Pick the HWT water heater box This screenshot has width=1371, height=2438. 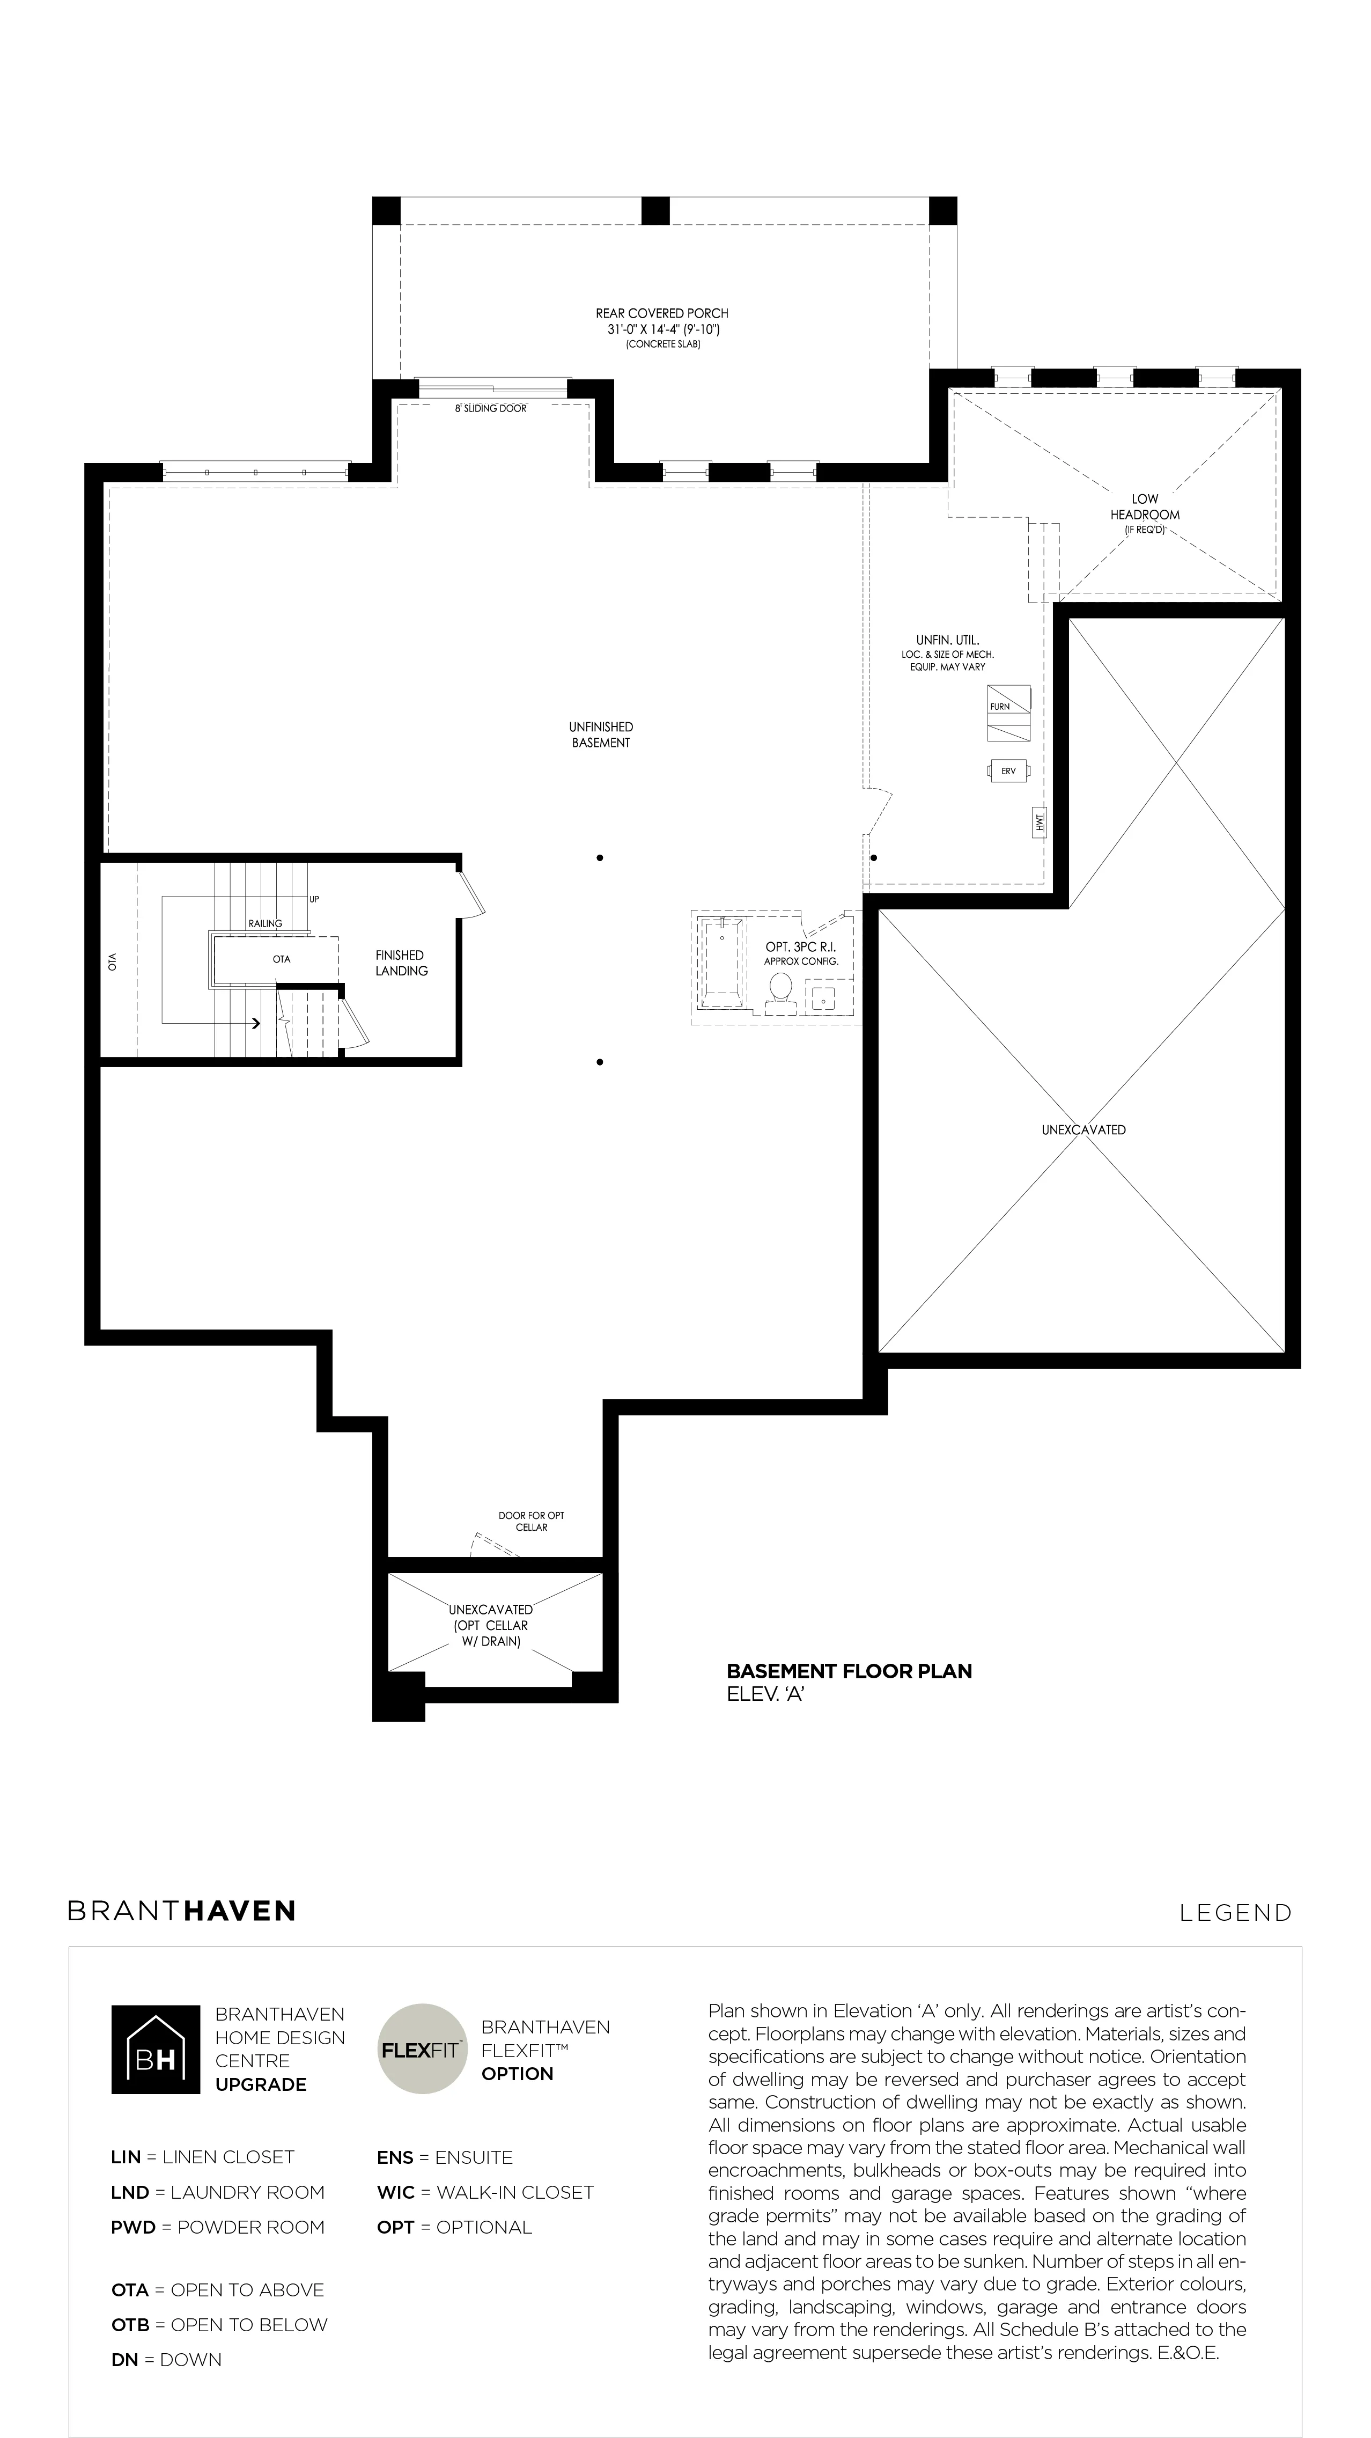coord(1040,823)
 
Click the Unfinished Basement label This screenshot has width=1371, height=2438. coord(601,735)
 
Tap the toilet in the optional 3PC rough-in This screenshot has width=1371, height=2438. coord(780,989)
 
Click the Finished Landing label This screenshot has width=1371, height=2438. coord(401,963)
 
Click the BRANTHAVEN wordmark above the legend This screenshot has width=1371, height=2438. coord(182,1911)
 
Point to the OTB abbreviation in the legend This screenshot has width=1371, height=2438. coord(130,2324)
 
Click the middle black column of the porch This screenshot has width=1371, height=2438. coord(655,210)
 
